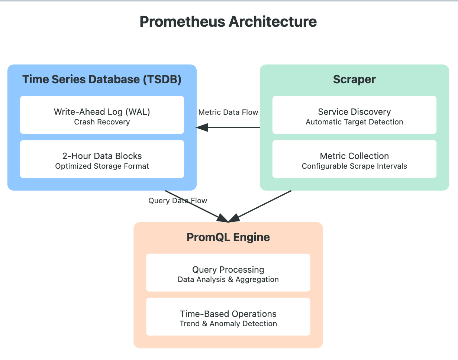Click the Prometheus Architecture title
pyautogui.click(x=228, y=22)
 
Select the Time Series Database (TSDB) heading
pyautogui.click(x=102, y=80)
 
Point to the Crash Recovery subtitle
pyautogui.click(x=102, y=122)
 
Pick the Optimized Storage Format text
pyautogui.click(x=102, y=166)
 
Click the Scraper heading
pyautogui.click(x=354, y=80)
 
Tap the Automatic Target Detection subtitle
pyautogui.click(x=354, y=122)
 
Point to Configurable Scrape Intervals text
pyautogui.click(x=354, y=166)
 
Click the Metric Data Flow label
pyautogui.click(x=228, y=112)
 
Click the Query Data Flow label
pyautogui.click(x=178, y=201)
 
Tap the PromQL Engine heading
pyautogui.click(x=228, y=237)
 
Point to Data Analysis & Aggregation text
pyautogui.click(x=228, y=280)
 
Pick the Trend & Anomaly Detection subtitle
pyautogui.click(x=228, y=324)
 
